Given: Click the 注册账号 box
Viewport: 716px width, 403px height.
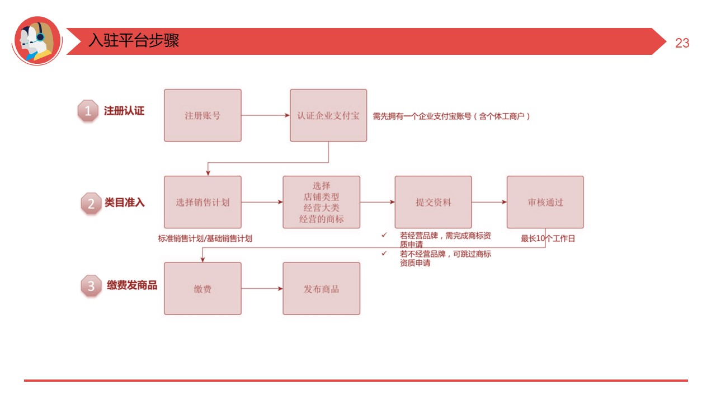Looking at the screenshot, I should pyautogui.click(x=202, y=115).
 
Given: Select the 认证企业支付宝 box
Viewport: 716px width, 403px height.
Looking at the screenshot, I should pyautogui.click(x=328, y=115).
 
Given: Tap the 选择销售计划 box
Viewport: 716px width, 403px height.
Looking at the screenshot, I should pyautogui.click(x=202, y=202).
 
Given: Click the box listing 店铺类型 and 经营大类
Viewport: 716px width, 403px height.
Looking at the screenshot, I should pyautogui.click(x=321, y=202).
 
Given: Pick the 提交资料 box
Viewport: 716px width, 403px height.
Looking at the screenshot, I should pyautogui.click(x=433, y=202).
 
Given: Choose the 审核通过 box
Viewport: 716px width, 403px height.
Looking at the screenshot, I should pyautogui.click(x=545, y=202).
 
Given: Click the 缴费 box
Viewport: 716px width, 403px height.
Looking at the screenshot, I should pyautogui.click(x=202, y=289).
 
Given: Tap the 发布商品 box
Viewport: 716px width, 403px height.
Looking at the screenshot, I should pyautogui.click(x=321, y=289).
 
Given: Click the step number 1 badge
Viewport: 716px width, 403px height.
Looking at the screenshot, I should pyautogui.click(x=88, y=111).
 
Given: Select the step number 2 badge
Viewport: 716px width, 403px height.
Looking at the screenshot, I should pyautogui.click(x=91, y=203).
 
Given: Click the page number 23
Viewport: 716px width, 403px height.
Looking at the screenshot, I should pyautogui.click(x=682, y=43).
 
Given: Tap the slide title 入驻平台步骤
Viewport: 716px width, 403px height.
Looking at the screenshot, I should pyautogui.click(x=134, y=41).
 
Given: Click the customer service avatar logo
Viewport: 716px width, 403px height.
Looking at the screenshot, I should pyautogui.click(x=36, y=40).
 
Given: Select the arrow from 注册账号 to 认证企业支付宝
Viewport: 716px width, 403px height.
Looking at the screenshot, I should pyautogui.click(x=265, y=116).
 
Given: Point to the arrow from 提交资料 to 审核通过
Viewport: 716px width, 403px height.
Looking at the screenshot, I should pyautogui.click(x=489, y=202).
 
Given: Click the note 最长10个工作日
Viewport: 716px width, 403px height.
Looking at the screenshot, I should pyautogui.click(x=548, y=238).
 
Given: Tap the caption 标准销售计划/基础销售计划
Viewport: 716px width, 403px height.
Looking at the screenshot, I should pyautogui.click(x=205, y=238).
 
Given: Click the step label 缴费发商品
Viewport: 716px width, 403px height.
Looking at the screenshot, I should pyautogui.click(x=132, y=285).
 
